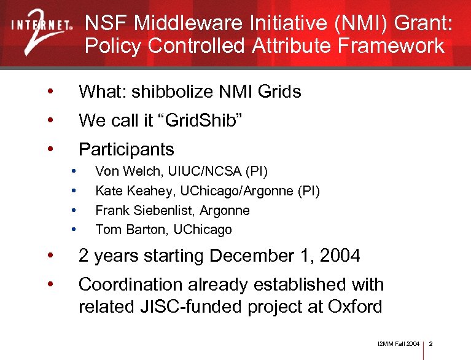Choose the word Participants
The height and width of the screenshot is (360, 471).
(x=127, y=149)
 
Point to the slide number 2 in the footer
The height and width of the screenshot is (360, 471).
(x=431, y=343)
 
